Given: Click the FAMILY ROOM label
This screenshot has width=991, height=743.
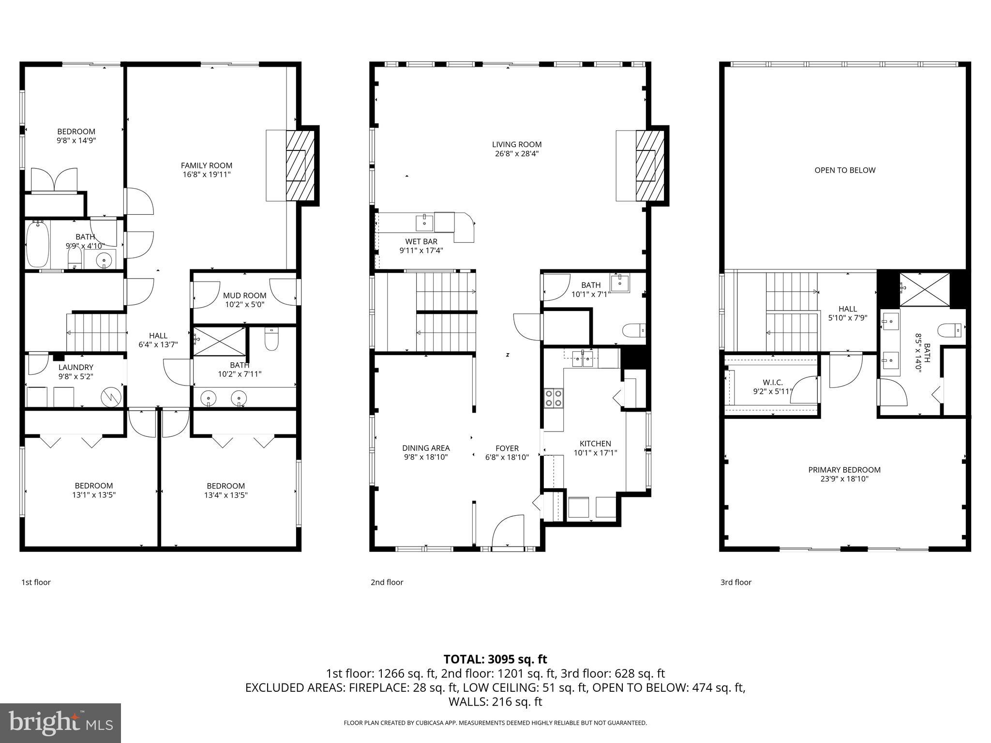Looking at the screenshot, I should click(207, 165).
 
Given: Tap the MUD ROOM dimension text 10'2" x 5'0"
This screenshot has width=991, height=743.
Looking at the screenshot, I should click(244, 305).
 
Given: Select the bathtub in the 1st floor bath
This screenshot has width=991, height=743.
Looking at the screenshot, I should click(37, 244).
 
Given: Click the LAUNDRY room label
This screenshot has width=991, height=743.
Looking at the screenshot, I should click(75, 367).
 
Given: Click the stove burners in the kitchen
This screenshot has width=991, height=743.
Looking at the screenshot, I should click(554, 398).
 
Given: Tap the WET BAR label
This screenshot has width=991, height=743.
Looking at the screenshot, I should click(421, 241).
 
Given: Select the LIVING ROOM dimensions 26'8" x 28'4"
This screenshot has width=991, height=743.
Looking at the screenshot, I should click(517, 154).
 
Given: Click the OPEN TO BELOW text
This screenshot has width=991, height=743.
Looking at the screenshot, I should click(845, 170).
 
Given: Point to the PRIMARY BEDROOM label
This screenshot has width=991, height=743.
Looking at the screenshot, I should click(844, 470).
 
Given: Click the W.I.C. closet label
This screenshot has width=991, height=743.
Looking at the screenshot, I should click(772, 383).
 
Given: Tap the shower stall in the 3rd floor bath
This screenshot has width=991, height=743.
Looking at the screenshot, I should click(925, 289).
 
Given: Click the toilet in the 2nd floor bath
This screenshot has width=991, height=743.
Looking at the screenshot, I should click(633, 331).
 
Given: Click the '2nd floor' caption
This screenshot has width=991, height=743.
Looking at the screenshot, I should click(387, 582).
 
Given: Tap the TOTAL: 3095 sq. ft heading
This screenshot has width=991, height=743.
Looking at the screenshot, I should click(495, 659).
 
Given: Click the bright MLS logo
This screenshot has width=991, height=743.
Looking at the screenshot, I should click(60, 723).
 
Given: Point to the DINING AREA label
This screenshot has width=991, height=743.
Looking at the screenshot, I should click(426, 448).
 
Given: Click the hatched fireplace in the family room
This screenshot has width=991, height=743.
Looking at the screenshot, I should click(300, 165).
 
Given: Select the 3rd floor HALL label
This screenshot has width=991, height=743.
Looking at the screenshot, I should click(847, 309).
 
